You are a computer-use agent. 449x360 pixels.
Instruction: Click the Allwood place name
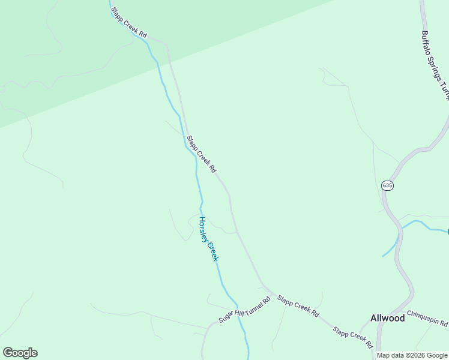tap(387, 318)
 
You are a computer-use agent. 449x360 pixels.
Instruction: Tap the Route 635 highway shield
tap(387, 186)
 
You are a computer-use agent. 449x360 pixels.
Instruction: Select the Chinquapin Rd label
tap(427, 319)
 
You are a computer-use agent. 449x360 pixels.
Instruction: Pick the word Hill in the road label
tap(238, 311)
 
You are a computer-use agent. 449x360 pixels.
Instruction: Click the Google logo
tap(20, 353)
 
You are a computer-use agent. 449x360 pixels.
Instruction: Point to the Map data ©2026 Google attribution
tap(412, 356)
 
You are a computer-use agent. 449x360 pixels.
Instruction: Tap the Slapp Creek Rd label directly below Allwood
tap(354, 338)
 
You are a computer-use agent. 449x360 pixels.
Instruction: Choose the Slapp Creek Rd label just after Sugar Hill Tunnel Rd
tap(298, 307)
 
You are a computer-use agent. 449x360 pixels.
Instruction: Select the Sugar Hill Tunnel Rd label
tap(244, 309)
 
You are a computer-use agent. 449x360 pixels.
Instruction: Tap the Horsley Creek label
tap(208, 239)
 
